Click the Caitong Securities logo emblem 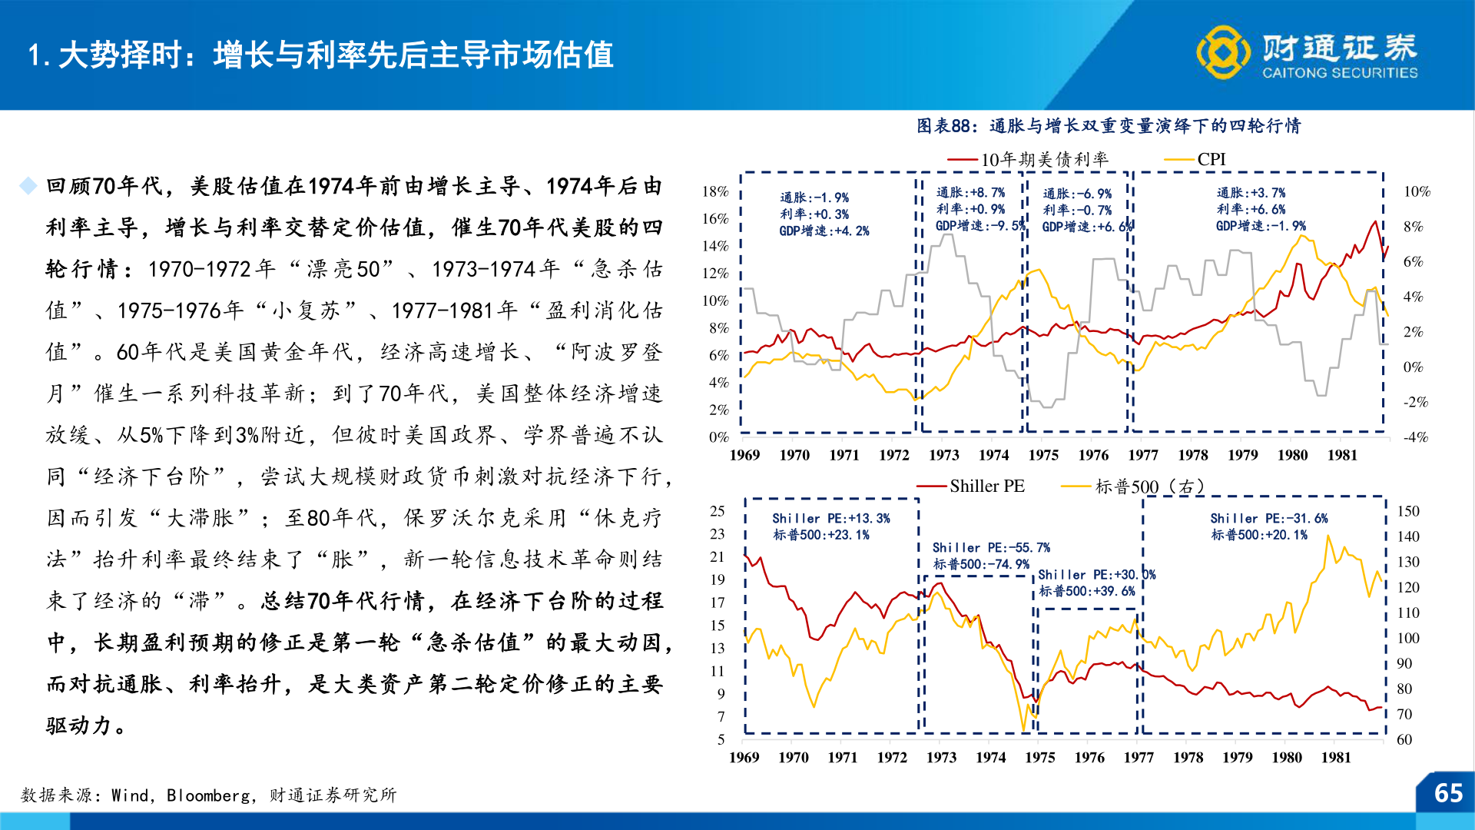[1223, 51]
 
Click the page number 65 [1448, 793]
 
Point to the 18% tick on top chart [714, 191]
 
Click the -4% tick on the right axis [1415, 437]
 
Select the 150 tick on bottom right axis [1407, 511]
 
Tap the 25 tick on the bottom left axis [717, 511]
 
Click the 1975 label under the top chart [1042, 455]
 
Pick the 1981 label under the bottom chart [1335, 757]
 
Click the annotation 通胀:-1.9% [814, 198]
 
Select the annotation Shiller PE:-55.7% [990, 547]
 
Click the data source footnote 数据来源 [208, 795]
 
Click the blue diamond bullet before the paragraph [28, 186]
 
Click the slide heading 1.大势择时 [320, 55]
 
